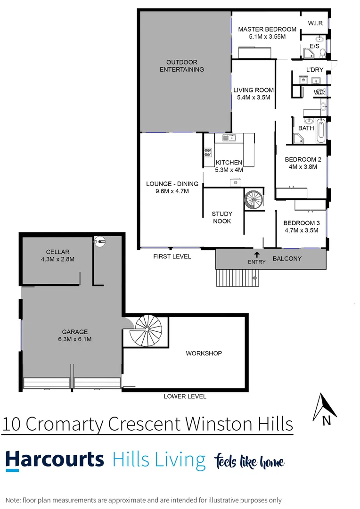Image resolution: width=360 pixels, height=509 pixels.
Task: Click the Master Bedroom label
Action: [267, 29]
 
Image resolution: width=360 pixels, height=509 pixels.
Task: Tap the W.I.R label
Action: [315, 23]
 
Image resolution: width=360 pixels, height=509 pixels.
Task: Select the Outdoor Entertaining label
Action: [182, 66]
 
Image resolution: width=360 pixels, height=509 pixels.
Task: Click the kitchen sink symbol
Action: [229, 138]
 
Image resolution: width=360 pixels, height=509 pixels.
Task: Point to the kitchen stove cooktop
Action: [208, 152]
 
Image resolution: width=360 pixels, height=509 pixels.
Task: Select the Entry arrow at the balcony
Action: [257, 255]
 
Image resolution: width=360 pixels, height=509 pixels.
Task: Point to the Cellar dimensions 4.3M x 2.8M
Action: [58, 259]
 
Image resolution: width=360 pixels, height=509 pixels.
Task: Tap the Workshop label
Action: [204, 353]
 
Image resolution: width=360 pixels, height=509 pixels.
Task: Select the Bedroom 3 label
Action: [301, 223]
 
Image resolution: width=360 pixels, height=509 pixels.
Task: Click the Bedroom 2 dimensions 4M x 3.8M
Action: [301, 167]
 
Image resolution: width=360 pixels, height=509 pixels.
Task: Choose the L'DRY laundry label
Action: [315, 70]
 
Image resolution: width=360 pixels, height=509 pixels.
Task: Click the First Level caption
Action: [172, 256]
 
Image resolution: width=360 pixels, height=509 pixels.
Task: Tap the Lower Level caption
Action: [185, 396]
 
